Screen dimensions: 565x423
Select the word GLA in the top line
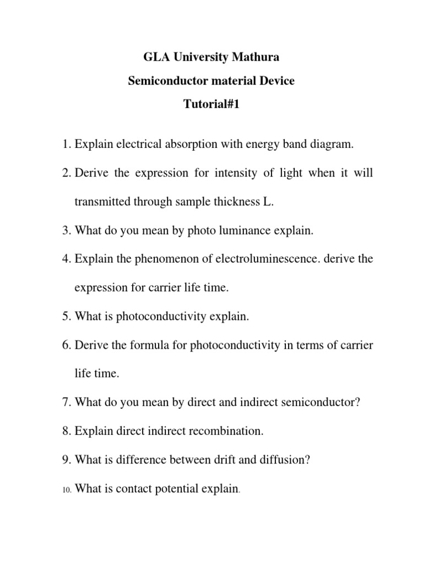click(x=155, y=57)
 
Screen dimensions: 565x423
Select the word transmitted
click(x=105, y=202)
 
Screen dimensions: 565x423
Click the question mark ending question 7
click(x=357, y=402)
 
